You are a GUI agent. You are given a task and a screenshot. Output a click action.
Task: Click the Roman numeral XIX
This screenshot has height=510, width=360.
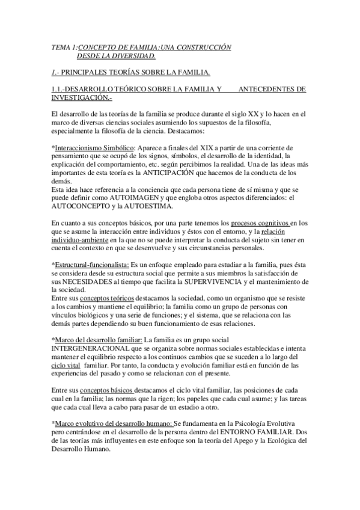click(x=197, y=147)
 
